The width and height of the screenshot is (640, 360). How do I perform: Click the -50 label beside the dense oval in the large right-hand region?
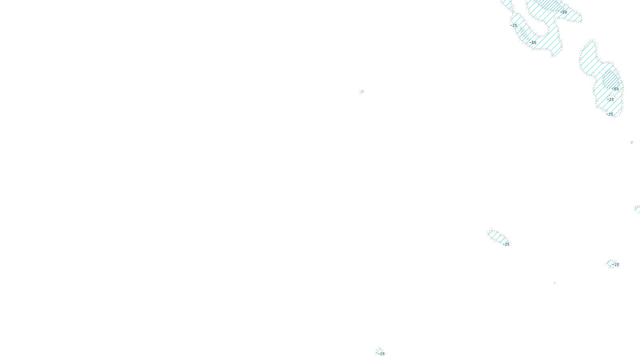pyautogui.click(x=615, y=89)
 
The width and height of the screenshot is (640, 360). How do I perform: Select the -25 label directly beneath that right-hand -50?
pyautogui.click(x=610, y=100)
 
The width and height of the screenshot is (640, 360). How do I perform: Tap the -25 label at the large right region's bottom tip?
pyautogui.click(x=610, y=114)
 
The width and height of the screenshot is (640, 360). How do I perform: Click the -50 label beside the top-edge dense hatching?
pyautogui.click(x=564, y=12)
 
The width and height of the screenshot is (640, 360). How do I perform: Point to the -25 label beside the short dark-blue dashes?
pyautogui.click(x=514, y=26)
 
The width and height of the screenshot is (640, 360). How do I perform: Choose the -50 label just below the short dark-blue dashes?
pyautogui.click(x=532, y=42)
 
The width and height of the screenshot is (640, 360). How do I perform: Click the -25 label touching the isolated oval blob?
pyautogui.click(x=506, y=244)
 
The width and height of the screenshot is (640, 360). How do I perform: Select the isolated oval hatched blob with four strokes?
pyautogui.click(x=498, y=237)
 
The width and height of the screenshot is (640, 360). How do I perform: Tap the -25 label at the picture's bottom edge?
pyautogui.click(x=381, y=354)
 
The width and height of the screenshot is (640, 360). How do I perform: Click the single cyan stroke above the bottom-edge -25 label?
pyautogui.click(x=378, y=350)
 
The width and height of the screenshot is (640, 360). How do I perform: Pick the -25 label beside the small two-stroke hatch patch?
pyautogui.click(x=616, y=265)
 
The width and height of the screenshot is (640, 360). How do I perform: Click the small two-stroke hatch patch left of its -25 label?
pyautogui.click(x=611, y=264)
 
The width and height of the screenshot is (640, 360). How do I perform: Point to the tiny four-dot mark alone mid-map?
pyautogui.click(x=362, y=92)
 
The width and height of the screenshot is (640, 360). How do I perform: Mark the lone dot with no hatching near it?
pyautogui.click(x=554, y=282)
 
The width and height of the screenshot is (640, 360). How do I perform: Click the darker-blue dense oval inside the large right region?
pyautogui.click(x=611, y=80)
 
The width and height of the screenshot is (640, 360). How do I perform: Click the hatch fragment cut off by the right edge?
pyautogui.click(x=638, y=208)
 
